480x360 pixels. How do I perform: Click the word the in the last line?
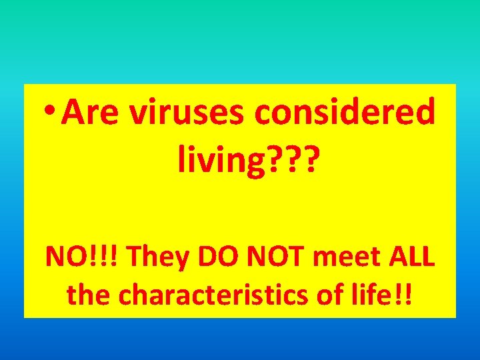[89, 294]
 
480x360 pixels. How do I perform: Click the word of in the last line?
[335, 294]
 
